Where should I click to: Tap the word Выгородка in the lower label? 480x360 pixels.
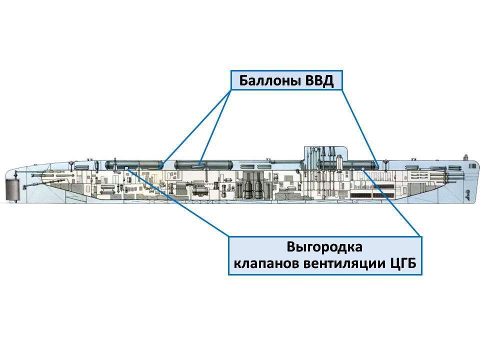point(324,247)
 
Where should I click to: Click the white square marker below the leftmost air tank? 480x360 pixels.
point(126,168)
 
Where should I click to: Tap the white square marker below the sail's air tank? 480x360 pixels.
point(363,169)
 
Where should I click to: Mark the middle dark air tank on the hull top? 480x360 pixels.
point(203,163)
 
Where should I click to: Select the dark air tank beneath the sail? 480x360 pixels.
point(350,163)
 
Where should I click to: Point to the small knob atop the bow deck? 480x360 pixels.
point(465,156)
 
